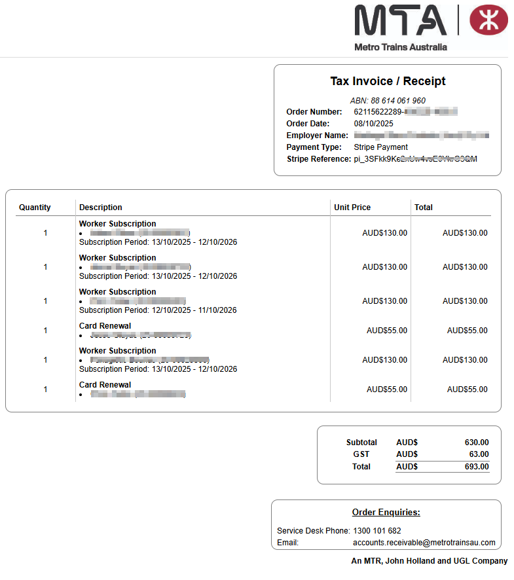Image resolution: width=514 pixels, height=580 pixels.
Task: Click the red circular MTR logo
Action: point(488,20)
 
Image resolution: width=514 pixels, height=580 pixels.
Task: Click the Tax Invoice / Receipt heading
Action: point(388,81)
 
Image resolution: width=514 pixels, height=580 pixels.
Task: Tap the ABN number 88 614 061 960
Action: point(398,101)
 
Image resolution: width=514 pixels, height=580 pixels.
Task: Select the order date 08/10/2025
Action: point(373,123)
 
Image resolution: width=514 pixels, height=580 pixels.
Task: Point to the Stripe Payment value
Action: point(380,147)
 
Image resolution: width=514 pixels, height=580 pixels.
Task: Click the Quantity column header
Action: point(35,208)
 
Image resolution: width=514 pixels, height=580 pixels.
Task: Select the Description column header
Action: point(101,208)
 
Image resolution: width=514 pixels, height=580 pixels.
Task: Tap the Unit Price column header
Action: point(352,208)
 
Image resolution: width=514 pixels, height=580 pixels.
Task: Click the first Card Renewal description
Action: point(105,326)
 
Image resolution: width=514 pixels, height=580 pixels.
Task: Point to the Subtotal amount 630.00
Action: point(476,443)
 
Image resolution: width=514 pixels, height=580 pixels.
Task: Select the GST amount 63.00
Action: point(479,454)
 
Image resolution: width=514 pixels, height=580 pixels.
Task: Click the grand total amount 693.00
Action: point(476,467)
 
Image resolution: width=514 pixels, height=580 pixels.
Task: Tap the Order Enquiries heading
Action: point(386,513)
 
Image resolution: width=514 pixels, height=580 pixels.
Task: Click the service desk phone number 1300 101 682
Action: point(377,531)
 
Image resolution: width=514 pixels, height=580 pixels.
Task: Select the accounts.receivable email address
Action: point(424,543)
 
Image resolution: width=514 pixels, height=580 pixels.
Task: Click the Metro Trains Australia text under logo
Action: point(401,47)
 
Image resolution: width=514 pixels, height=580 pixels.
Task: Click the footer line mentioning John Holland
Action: point(430,561)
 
